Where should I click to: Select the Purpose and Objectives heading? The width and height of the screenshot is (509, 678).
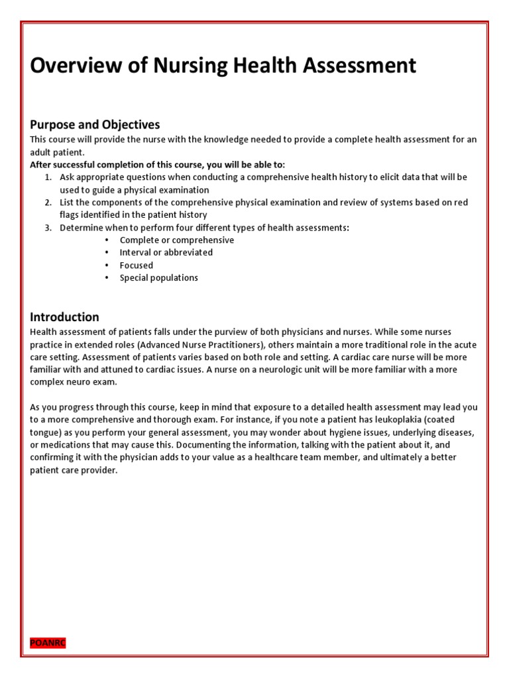pyautogui.click(x=95, y=124)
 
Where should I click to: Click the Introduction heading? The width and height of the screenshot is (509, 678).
pyautogui.click(x=64, y=316)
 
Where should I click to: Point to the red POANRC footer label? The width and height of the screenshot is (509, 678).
pyautogui.click(x=48, y=643)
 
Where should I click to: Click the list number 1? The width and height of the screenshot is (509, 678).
pyautogui.click(x=48, y=177)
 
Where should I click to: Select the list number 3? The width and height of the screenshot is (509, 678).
pyautogui.click(x=48, y=228)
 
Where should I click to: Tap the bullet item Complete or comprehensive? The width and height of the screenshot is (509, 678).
pyautogui.click(x=176, y=240)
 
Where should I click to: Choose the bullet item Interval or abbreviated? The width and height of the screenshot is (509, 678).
pyautogui.click(x=166, y=253)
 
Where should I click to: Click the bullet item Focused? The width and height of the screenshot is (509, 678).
pyautogui.click(x=136, y=266)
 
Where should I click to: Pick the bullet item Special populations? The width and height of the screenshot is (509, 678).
pyautogui.click(x=158, y=278)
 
